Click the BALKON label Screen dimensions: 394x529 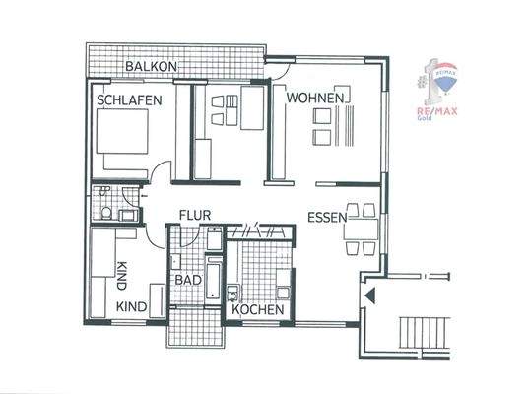(151, 66)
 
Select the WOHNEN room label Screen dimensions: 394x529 (314, 98)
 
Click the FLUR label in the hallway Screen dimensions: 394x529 (195, 216)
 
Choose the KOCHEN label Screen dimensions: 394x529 (258, 309)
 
